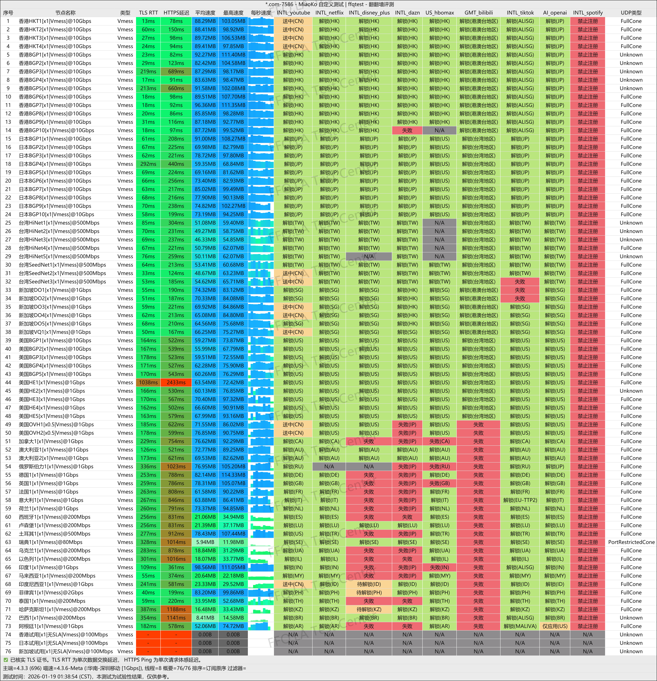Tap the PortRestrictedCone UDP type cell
631,542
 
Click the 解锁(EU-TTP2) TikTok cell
520,500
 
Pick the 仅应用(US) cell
555,626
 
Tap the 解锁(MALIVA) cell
520,626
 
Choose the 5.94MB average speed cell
205,542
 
